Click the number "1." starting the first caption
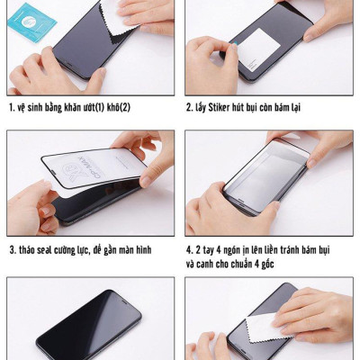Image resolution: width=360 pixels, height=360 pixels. [x=11, y=108]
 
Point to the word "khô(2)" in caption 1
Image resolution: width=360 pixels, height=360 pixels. [x=117, y=108]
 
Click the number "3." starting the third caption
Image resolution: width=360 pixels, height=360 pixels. [x=12, y=249]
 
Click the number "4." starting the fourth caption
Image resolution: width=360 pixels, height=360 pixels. [x=190, y=249]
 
